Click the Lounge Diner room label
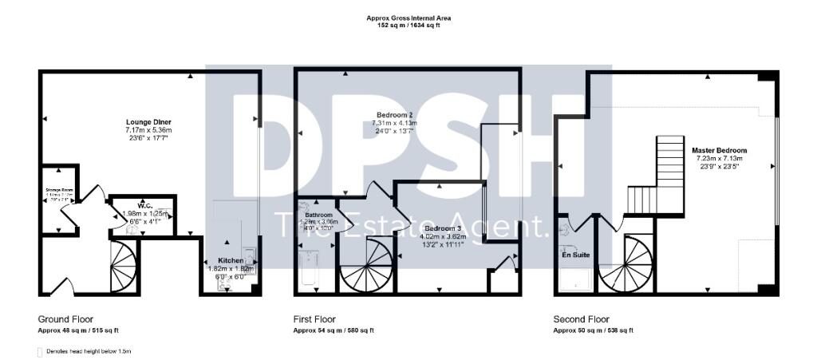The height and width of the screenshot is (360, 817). pyautogui.click(x=148, y=121)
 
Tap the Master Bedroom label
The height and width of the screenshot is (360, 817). pyautogui.click(x=719, y=150)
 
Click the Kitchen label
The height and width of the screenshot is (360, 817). pyautogui.click(x=231, y=261)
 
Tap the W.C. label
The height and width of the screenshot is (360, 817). pyautogui.click(x=144, y=205)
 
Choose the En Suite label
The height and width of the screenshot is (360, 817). pyautogui.click(x=575, y=256)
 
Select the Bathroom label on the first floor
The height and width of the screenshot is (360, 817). pyautogui.click(x=318, y=216)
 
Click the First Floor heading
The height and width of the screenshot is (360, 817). pyautogui.click(x=314, y=318)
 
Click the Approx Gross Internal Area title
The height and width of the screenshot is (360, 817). pyautogui.click(x=408, y=18)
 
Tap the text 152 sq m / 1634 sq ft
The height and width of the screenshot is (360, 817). pyautogui.click(x=408, y=26)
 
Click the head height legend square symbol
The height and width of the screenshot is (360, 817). pyautogui.click(x=40, y=351)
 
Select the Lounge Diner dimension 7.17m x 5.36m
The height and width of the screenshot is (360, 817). pyautogui.click(x=148, y=130)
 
